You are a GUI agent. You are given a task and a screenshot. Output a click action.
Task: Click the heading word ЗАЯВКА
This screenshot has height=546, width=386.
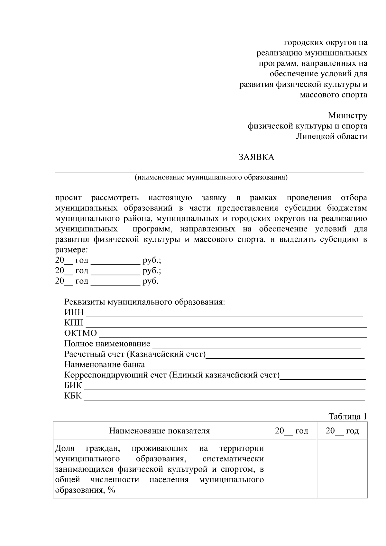pyautogui.click(x=256, y=157)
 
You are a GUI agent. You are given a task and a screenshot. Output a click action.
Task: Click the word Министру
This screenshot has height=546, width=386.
pyautogui.click(x=347, y=116)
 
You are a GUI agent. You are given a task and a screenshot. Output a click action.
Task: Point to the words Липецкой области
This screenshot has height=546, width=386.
pyautogui.click(x=331, y=136)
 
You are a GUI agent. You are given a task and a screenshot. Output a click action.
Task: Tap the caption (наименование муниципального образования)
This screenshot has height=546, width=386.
pyautogui.click(x=211, y=177)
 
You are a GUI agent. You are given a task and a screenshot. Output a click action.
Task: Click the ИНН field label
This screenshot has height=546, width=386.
pyautogui.click(x=74, y=312)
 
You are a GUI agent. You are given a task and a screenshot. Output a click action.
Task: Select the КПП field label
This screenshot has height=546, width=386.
pyautogui.click(x=74, y=323)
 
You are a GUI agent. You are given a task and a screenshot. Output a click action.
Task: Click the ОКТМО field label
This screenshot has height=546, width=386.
pyautogui.click(x=80, y=333)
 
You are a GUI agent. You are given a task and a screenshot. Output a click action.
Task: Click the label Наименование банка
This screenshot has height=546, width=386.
pyautogui.click(x=105, y=365)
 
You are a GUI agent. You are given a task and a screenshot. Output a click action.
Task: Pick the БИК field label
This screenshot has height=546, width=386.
pyautogui.click(x=73, y=385)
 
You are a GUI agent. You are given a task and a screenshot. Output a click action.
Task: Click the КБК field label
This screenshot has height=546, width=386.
pyautogui.click(x=73, y=396)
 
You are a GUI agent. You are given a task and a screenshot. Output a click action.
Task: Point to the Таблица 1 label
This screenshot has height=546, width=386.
pyautogui.click(x=348, y=417)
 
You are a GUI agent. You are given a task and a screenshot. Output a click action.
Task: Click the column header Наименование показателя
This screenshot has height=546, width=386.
pyautogui.click(x=160, y=431)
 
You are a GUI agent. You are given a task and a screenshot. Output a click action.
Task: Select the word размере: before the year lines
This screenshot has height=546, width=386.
pyautogui.click(x=71, y=250)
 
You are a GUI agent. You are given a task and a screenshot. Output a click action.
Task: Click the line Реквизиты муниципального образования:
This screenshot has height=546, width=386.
pyautogui.click(x=145, y=302)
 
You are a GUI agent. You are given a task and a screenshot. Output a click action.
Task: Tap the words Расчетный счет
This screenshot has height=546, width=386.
pyautogui.click(x=94, y=354)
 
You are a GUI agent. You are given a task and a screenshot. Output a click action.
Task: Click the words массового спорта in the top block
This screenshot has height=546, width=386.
pyautogui.click(x=333, y=95)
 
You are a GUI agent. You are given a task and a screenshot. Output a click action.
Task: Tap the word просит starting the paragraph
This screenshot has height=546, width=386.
pyautogui.click(x=68, y=198)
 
